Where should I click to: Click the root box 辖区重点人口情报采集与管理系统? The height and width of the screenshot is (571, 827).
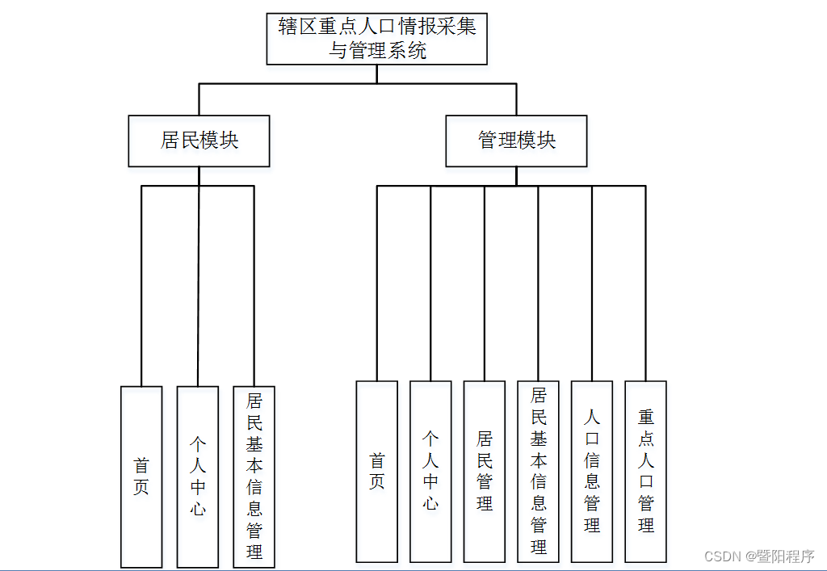377,39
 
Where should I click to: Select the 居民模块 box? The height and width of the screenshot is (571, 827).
199,141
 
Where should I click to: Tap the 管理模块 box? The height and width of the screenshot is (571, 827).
516,141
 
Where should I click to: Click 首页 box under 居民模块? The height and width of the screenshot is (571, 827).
141,477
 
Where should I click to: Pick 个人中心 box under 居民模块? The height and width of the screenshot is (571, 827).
198,477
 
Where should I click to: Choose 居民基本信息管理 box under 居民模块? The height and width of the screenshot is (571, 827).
254,477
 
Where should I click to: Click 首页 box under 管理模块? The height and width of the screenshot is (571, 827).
377,472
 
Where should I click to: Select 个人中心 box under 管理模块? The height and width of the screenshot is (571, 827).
430,472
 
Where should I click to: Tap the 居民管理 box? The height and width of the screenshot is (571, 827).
485,472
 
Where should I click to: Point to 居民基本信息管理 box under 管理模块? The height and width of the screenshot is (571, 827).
539,472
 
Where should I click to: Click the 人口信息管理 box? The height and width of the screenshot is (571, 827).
592,472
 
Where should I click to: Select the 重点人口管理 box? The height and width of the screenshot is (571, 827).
646,472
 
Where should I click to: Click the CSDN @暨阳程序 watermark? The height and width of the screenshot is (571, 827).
759,556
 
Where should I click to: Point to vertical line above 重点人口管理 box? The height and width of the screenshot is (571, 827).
646,283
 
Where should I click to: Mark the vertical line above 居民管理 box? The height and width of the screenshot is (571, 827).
485,283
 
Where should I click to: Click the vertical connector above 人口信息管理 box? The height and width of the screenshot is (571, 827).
592,283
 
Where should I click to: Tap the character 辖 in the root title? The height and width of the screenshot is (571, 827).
288,27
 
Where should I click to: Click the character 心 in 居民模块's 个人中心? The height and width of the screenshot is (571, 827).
198,509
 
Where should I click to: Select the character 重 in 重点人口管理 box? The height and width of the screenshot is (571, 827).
646,418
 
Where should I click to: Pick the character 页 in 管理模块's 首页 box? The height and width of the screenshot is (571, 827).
377,482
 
